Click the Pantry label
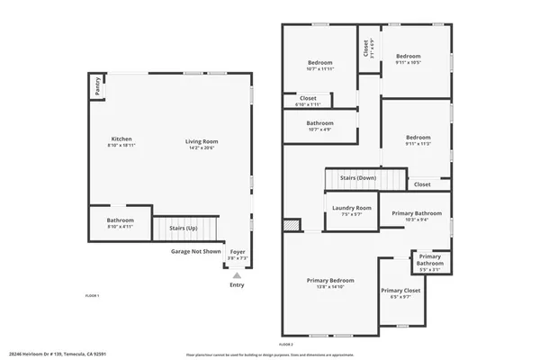coord(97,86)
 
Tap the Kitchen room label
coord(121,139)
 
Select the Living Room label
coord(202,141)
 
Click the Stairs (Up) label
coord(184,229)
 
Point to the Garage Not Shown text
coord(196,252)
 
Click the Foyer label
coord(237,252)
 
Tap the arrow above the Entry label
coord(237,276)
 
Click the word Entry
coord(237,285)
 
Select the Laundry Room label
coord(352,208)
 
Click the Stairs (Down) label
coord(358,177)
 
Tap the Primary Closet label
coord(401,291)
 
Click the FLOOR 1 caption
coord(92,296)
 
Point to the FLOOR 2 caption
coord(286,345)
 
